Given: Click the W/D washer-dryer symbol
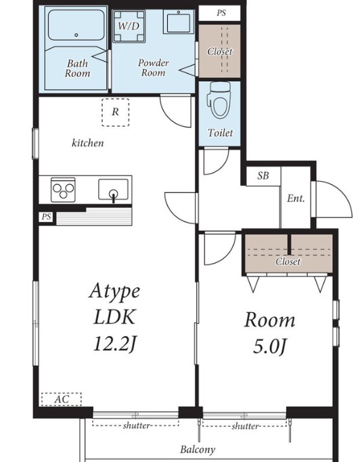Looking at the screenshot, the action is (x=129, y=26).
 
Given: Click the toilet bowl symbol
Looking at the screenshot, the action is (x=220, y=100).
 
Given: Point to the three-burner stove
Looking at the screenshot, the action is (x=63, y=190).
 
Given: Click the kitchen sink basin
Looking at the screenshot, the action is (x=113, y=190).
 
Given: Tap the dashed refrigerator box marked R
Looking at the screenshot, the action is (x=116, y=112).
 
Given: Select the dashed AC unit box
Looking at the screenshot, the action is (x=61, y=399).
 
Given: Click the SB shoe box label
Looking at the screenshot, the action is (x=263, y=176).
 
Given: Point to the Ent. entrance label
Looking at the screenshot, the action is (x=296, y=198).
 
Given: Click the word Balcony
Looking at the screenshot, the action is (x=198, y=450).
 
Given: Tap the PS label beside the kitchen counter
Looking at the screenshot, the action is (x=46, y=217).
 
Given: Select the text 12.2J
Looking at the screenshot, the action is (x=115, y=343).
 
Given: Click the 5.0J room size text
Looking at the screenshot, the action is (x=269, y=347).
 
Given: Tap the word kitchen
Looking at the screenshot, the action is (x=88, y=143).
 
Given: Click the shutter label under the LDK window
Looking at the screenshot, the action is (x=137, y=425).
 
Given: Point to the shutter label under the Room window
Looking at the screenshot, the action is (x=245, y=426).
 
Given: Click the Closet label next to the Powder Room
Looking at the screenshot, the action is (x=220, y=51).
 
